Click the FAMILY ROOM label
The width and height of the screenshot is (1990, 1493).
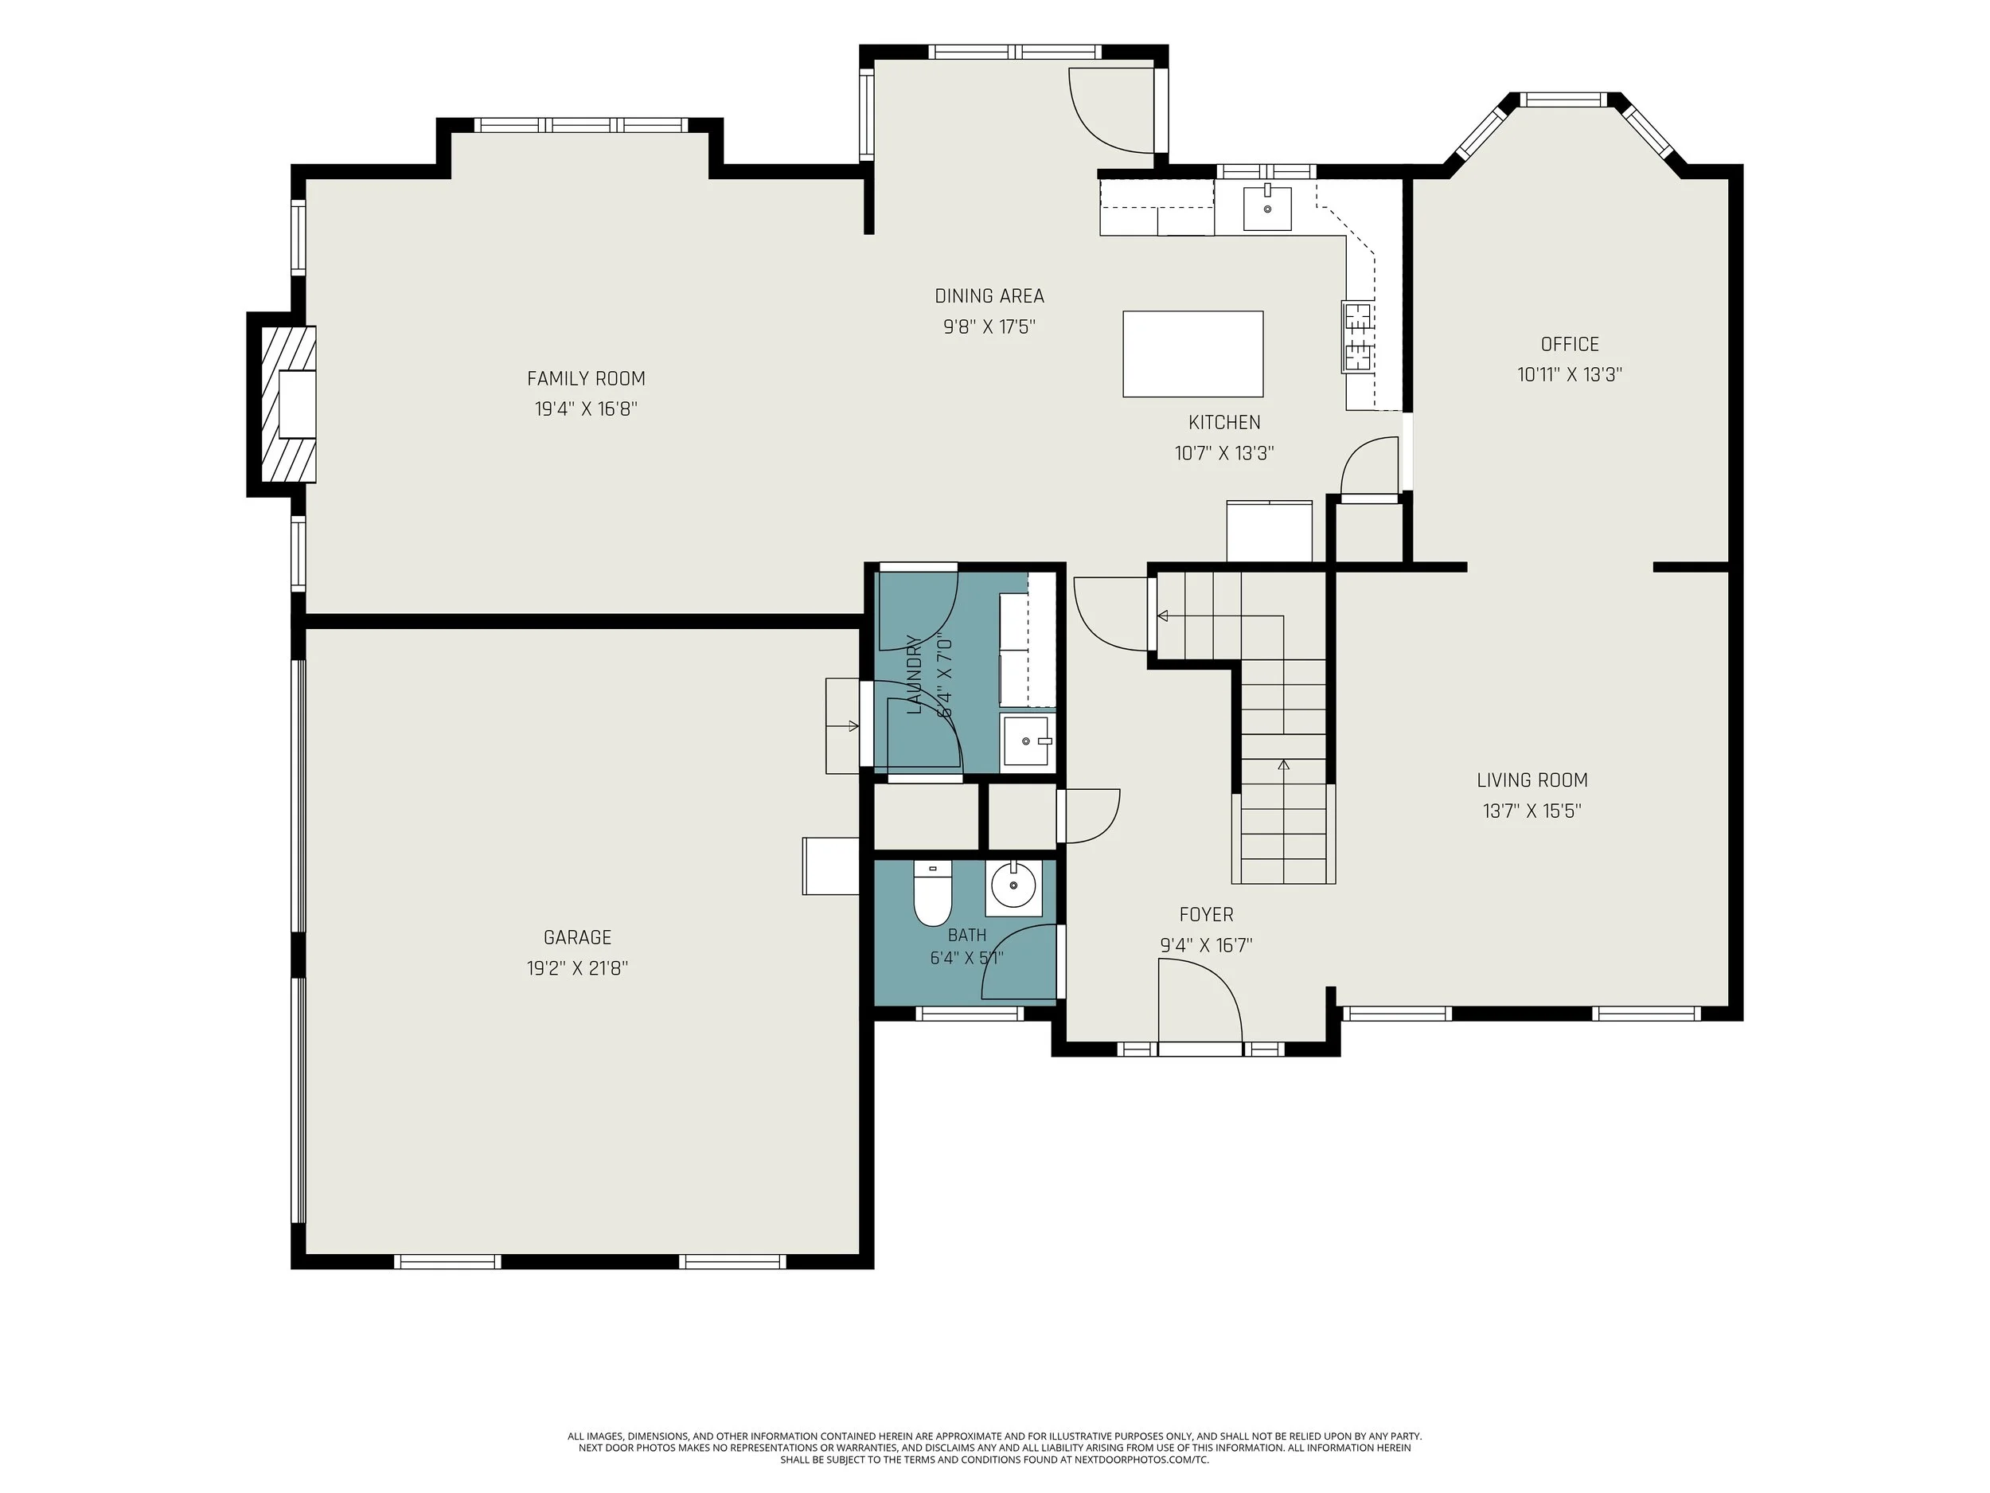pyautogui.click(x=586, y=379)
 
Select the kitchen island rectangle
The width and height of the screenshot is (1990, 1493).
pyautogui.click(x=1192, y=354)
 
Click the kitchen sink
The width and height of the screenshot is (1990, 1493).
pyautogui.click(x=1266, y=209)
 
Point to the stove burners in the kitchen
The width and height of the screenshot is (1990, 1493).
pyautogui.click(x=1357, y=338)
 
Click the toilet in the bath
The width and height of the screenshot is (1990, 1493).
pyautogui.click(x=932, y=893)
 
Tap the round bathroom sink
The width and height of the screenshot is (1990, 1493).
pyautogui.click(x=1013, y=886)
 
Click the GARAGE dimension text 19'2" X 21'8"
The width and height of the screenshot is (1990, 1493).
pyautogui.click(x=578, y=968)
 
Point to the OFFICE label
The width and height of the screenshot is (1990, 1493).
pyautogui.click(x=1570, y=344)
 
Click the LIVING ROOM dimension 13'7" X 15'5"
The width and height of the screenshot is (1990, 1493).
pyautogui.click(x=1532, y=811)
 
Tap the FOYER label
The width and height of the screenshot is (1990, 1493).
pyautogui.click(x=1207, y=914)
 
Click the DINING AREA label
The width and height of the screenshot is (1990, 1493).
pyautogui.click(x=989, y=296)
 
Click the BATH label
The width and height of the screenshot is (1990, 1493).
pyautogui.click(x=967, y=935)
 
